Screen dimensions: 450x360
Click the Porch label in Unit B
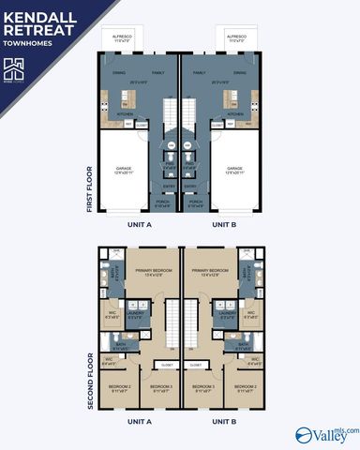[x=196, y=203]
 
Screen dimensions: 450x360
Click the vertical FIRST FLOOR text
[x=89, y=190]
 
